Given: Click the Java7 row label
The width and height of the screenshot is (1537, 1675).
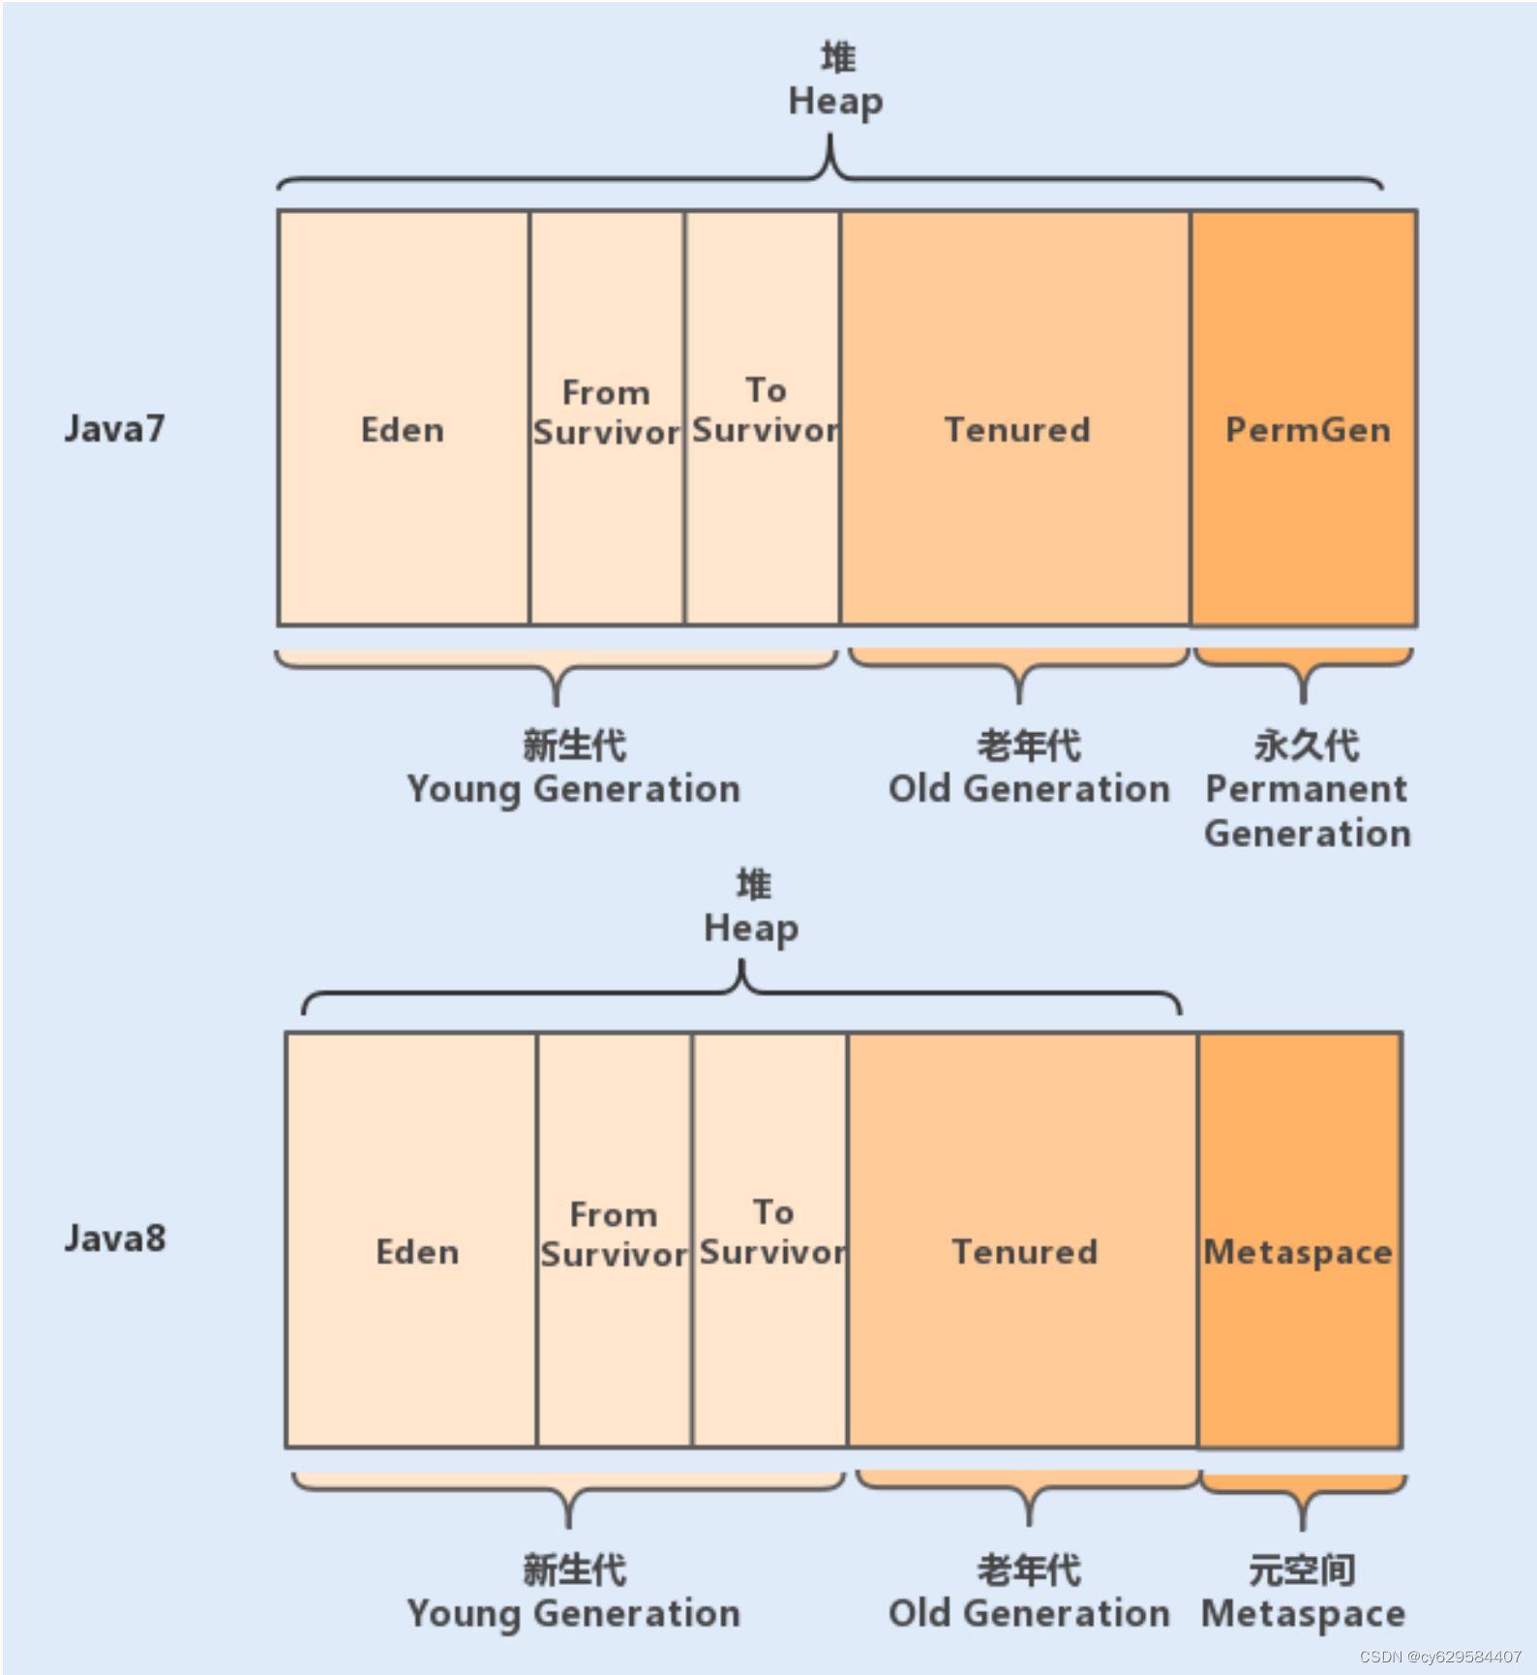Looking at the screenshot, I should click(114, 429).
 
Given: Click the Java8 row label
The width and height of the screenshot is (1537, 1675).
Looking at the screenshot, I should click(115, 1238).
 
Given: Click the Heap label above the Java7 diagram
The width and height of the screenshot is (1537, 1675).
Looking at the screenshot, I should click(836, 101).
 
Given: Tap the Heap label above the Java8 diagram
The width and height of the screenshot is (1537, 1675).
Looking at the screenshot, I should click(751, 928).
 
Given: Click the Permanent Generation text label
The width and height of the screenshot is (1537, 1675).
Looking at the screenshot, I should click(1307, 811).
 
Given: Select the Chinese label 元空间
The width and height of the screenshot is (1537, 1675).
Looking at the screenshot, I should click(1302, 1569).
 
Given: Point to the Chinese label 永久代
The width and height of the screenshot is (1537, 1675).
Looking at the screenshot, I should click(1307, 746).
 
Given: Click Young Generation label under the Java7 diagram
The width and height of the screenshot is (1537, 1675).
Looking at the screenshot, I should click(574, 789).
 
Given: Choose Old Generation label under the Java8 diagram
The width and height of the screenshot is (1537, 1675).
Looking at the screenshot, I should click(1029, 1613).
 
